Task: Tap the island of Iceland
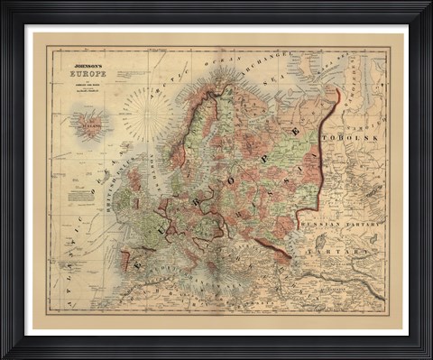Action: coord(90,124)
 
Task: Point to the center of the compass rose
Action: coord(145,115)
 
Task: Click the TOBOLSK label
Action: coord(364,136)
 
